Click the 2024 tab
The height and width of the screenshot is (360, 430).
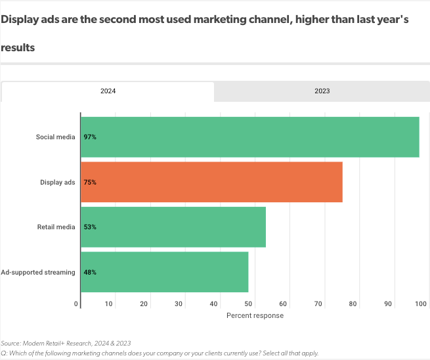[x=108, y=91]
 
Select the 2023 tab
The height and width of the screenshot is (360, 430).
[x=322, y=91]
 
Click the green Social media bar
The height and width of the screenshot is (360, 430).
[x=249, y=137]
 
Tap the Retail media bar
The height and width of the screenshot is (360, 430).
[x=173, y=227]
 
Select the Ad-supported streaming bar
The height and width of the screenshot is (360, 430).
[x=164, y=272]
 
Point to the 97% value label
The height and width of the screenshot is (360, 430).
[x=90, y=137]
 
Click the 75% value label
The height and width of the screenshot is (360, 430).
[x=90, y=182]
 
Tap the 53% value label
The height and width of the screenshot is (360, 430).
[x=90, y=227]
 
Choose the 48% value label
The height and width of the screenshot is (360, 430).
[x=90, y=272]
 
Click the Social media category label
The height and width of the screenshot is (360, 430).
[x=55, y=137]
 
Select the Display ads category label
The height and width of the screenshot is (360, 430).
[x=58, y=182]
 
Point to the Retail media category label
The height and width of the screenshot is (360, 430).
[x=56, y=227]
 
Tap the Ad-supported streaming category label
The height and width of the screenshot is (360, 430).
[x=38, y=272]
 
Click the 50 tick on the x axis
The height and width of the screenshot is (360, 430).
[x=248, y=304]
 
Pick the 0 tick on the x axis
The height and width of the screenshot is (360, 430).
[x=77, y=304]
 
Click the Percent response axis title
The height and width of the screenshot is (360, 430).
[x=255, y=316]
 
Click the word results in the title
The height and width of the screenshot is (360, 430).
[x=18, y=47]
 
